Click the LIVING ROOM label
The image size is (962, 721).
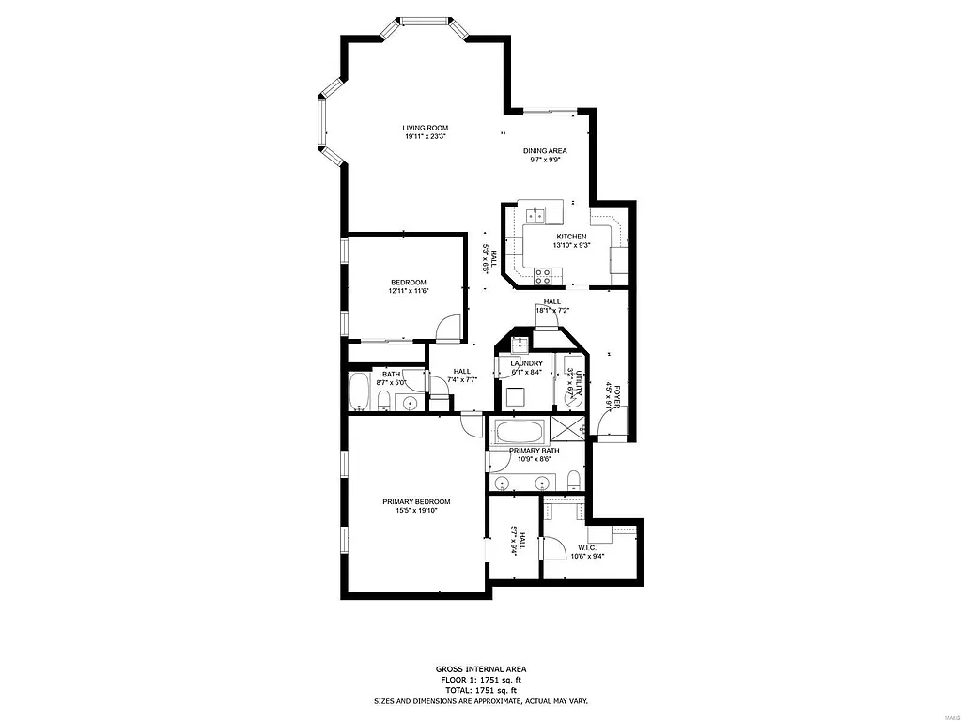coord(425,128)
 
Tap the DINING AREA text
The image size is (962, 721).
coord(545,150)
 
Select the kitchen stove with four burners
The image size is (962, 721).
coord(543,275)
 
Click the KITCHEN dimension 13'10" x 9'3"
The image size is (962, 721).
coord(571,245)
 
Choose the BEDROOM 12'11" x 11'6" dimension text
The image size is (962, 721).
coord(409,291)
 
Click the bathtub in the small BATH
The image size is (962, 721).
coord(358,392)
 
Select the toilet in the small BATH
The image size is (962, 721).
coord(384,402)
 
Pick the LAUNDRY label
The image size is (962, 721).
coord(526,363)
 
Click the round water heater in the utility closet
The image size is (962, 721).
coord(572,398)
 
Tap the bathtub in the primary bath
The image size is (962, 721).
coord(518,433)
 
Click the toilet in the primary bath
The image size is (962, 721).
coord(574,482)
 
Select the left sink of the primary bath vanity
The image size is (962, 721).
coord(504,483)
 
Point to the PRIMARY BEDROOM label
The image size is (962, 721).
coord(416,501)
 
